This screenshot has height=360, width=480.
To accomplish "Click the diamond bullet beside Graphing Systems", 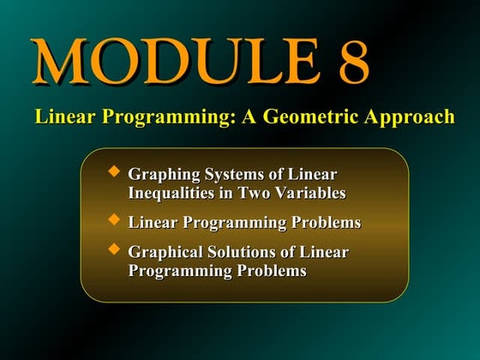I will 114,172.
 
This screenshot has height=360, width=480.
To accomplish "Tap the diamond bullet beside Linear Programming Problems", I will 114,220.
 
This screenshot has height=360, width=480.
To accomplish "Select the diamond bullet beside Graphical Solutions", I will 114,249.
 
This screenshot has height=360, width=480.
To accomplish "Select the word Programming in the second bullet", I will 229,223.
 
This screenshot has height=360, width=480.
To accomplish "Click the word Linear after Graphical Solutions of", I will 327,253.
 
